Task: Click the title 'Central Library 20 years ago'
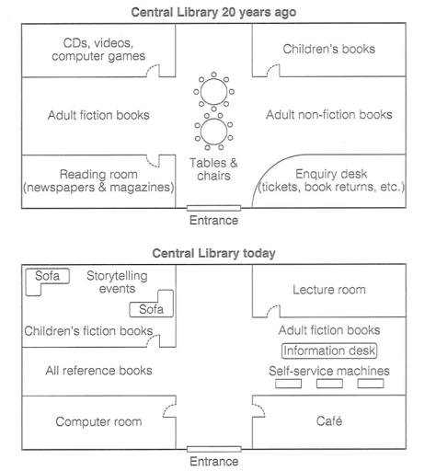pyautogui.click(x=218, y=11)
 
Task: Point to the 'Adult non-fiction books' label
pyautogui.click(x=328, y=115)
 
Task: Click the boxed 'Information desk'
pyautogui.click(x=330, y=350)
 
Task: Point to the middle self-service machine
pyautogui.click(x=329, y=383)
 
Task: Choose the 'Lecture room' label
pyautogui.click(x=328, y=290)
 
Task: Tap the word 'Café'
pyautogui.click(x=328, y=421)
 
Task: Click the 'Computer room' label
pyautogui.click(x=98, y=421)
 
